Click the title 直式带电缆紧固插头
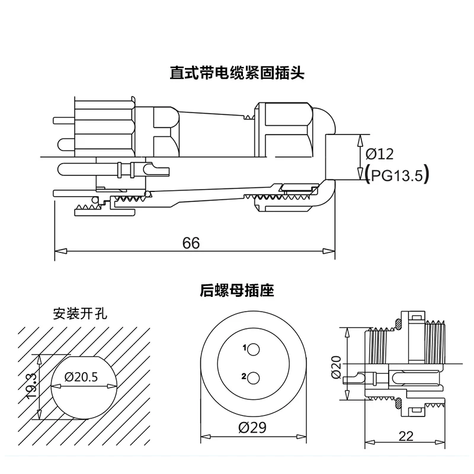(x=237, y=73)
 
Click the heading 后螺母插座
(x=237, y=290)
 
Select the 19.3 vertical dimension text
(x=33, y=386)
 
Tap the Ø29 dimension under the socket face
(x=253, y=428)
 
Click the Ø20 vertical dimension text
(x=337, y=369)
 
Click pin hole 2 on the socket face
(x=253, y=377)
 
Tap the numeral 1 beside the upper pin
(x=244, y=348)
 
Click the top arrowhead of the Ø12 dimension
(x=360, y=139)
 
